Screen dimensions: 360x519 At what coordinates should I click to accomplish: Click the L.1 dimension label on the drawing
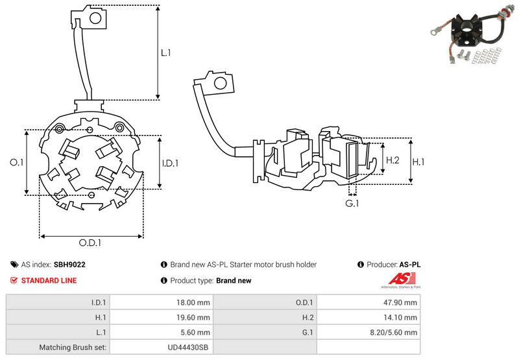(165, 54)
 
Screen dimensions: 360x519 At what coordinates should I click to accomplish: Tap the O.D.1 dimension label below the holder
(91, 243)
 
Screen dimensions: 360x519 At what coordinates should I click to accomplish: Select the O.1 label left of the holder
(17, 163)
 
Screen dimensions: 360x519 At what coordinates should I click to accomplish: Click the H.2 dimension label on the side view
(392, 160)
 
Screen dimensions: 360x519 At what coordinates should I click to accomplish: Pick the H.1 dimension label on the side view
(419, 160)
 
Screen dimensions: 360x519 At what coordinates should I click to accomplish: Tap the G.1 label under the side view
(352, 204)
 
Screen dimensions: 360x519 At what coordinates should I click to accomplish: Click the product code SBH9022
(69, 265)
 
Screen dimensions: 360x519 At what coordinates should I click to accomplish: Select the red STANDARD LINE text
(49, 280)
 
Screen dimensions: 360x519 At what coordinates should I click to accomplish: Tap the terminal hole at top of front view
(96, 18)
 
